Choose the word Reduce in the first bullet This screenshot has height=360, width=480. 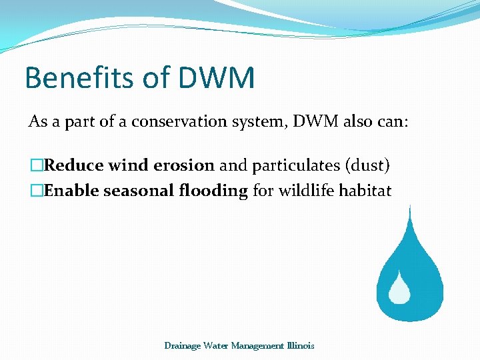[x=73, y=165]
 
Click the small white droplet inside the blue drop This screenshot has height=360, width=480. [x=400, y=287]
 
